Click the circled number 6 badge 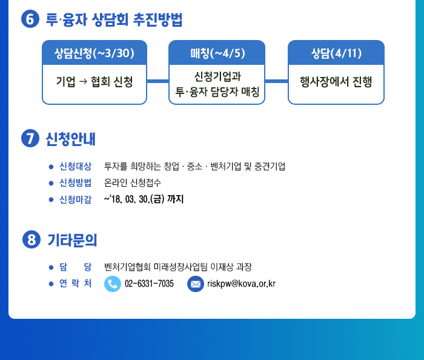(x=30, y=19)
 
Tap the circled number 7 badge (x=30, y=138)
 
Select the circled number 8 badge (x=31, y=239)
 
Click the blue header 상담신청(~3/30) (x=94, y=53)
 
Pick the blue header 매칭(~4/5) (x=217, y=53)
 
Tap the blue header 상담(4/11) (x=336, y=53)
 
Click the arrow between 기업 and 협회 (x=84, y=81)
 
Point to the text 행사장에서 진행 (x=336, y=82)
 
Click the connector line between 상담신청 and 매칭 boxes (x=158, y=81)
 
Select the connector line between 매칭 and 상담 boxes (x=276, y=81)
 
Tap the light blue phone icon (x=113, y=284)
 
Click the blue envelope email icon (x=196, y=284)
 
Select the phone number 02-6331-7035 (x=149, y=284)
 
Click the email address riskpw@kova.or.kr (x=242, y=284)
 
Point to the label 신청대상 (x=76, y=166)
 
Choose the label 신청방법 (x=76, y=183)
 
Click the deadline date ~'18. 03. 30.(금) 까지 (x=144, y=199)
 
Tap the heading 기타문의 (x=72, y=240)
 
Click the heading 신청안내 (x=71, y=139)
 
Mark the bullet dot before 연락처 (x=51, y=284)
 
